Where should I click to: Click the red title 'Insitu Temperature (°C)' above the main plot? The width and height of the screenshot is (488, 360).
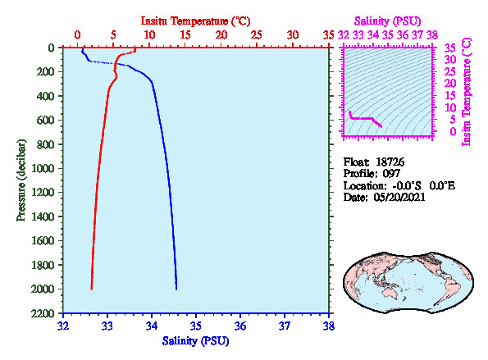point(195,21)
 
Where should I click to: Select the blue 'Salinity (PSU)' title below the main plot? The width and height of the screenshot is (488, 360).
point(195,341)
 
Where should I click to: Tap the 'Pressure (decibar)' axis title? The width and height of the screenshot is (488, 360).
point(21,180)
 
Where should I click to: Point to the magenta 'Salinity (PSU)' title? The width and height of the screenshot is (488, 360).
point(387,21)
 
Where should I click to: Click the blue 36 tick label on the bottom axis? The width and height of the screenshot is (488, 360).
point(240,326)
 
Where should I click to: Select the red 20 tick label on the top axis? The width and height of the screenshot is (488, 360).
point(221,34)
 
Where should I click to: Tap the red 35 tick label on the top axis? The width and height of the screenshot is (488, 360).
point(328,34)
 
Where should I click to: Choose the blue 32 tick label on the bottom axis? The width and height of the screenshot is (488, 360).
point(63,326)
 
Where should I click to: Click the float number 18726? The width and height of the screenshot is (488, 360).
point(390,162)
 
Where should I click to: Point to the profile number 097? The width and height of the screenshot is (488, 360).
point(391,174)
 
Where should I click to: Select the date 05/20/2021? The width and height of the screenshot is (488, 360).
point(399,198)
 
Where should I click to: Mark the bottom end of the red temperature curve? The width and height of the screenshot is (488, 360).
point(92,289)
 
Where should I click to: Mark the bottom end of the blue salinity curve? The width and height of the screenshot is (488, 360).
point(176,289)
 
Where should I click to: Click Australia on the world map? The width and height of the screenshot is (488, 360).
point(391,293)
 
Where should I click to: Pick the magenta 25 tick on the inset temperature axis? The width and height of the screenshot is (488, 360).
point(449,72)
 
